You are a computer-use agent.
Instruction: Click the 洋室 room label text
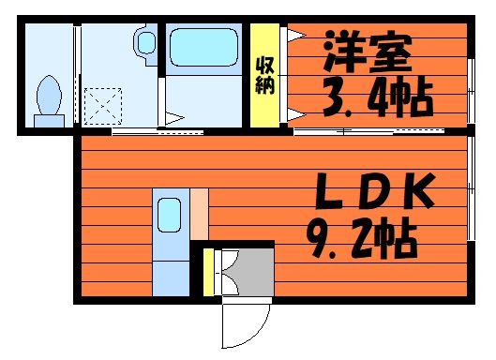(368, 52)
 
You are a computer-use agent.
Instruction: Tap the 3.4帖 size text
(378, 97)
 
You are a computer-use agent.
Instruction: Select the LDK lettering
(375, 191)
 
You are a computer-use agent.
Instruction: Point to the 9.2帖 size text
(362, 237)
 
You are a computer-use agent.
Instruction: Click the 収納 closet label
(265, 75)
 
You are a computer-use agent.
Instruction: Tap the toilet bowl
(49, 96)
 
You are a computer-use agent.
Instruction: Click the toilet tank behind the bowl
(49, 121)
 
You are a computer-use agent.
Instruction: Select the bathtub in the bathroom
(203, 47)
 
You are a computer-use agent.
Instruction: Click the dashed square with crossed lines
(103, 106)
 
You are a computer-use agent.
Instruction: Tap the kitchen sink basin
(170, 215)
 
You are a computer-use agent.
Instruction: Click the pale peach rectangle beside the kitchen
(200, 214)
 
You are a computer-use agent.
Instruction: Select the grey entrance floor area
(250, 272)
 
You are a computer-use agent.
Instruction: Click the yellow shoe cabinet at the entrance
(208, 273)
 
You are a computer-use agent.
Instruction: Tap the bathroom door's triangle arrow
(174, 118)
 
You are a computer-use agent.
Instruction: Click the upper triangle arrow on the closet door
(296, 35)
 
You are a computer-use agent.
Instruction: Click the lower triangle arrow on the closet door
(296, 114)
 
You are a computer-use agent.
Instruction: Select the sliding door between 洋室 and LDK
(368, 131)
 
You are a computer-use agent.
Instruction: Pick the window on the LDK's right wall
(471, 188)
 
